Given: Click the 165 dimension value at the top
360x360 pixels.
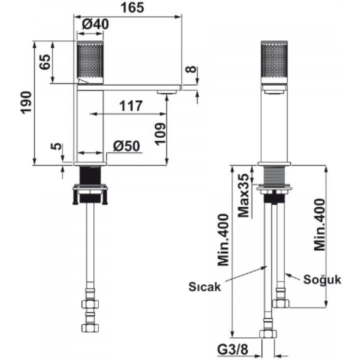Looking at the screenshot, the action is tap(132, 7).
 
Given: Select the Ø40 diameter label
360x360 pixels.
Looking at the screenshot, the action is tap(95, 24).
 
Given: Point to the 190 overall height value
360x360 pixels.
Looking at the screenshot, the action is tap(25, 102).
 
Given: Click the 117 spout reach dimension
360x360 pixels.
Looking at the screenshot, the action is tap(131, 106).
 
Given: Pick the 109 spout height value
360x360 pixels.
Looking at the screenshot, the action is tap(160, 134).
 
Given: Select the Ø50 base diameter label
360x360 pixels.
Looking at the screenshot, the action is tap(126, 146).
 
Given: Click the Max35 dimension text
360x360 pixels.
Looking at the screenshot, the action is tap(243, 195).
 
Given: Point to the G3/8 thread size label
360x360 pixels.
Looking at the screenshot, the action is tap(233, 350).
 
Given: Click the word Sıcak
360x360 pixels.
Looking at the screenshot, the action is tap(204, 287).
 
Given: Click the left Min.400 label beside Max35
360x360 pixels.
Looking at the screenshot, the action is tap(223, 240).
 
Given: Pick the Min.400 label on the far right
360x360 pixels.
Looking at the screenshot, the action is tap(319, 224).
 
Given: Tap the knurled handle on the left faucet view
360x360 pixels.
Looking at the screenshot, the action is tap(90, 62).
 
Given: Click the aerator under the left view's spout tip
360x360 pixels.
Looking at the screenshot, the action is tap(167, 92).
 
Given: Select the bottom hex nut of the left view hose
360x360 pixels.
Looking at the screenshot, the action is tap(90, 327).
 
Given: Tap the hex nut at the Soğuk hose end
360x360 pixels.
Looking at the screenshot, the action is tap(281, 303).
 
